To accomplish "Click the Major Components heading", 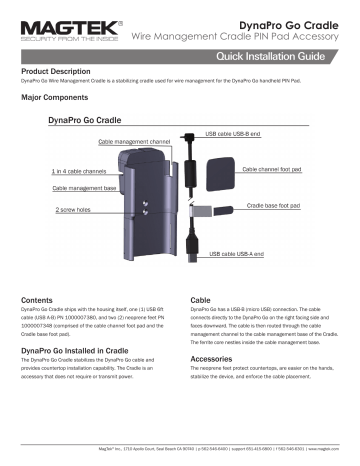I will tap(56, 101).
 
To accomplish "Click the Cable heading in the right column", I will tap(200, 300).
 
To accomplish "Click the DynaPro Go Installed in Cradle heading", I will tap(78, 353).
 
